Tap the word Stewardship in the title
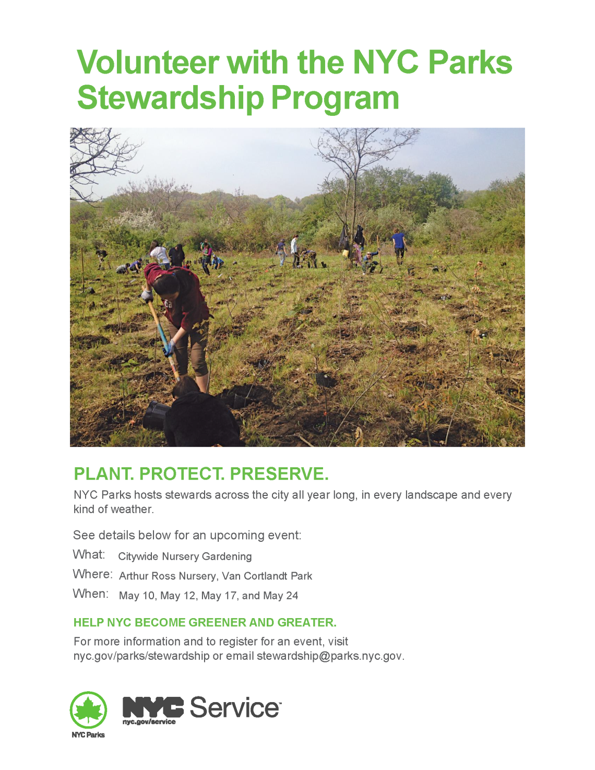click(170, 98)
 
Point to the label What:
click(89, 554)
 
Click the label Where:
click(92, 574)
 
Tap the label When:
click(91, 594)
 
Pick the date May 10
click(137, 596)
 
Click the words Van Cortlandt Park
click(267, 576)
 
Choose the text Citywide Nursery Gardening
click(185, 556)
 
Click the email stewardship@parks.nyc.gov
click(329, 656)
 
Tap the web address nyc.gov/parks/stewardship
click(141, 656)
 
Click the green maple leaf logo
click(88, 710)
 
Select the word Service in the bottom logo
click(235, 708)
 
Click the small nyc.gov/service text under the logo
click(149, 722)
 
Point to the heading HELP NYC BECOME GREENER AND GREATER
click(205, 623)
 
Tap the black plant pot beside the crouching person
click(156, 415)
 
